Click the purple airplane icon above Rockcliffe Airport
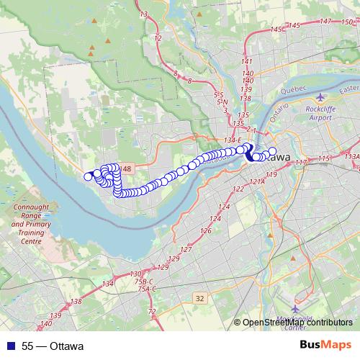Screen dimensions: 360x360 coord(320,98)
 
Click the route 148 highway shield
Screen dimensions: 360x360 coord(126,168)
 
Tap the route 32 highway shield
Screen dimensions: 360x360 coord(199,297)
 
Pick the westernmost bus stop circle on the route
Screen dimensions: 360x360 coord(89,176)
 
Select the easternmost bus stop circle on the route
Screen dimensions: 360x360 coord(272,151)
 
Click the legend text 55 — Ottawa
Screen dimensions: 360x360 coord(52,346)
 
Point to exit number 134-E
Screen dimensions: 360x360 coord(234,140)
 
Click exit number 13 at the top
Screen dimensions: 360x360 coord(144,14)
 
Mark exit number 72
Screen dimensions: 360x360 coord(151,311)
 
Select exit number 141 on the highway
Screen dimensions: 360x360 coord(248,63)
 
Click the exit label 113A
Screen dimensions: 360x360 coord(352,156)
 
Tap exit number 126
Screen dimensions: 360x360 coord(206,231)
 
